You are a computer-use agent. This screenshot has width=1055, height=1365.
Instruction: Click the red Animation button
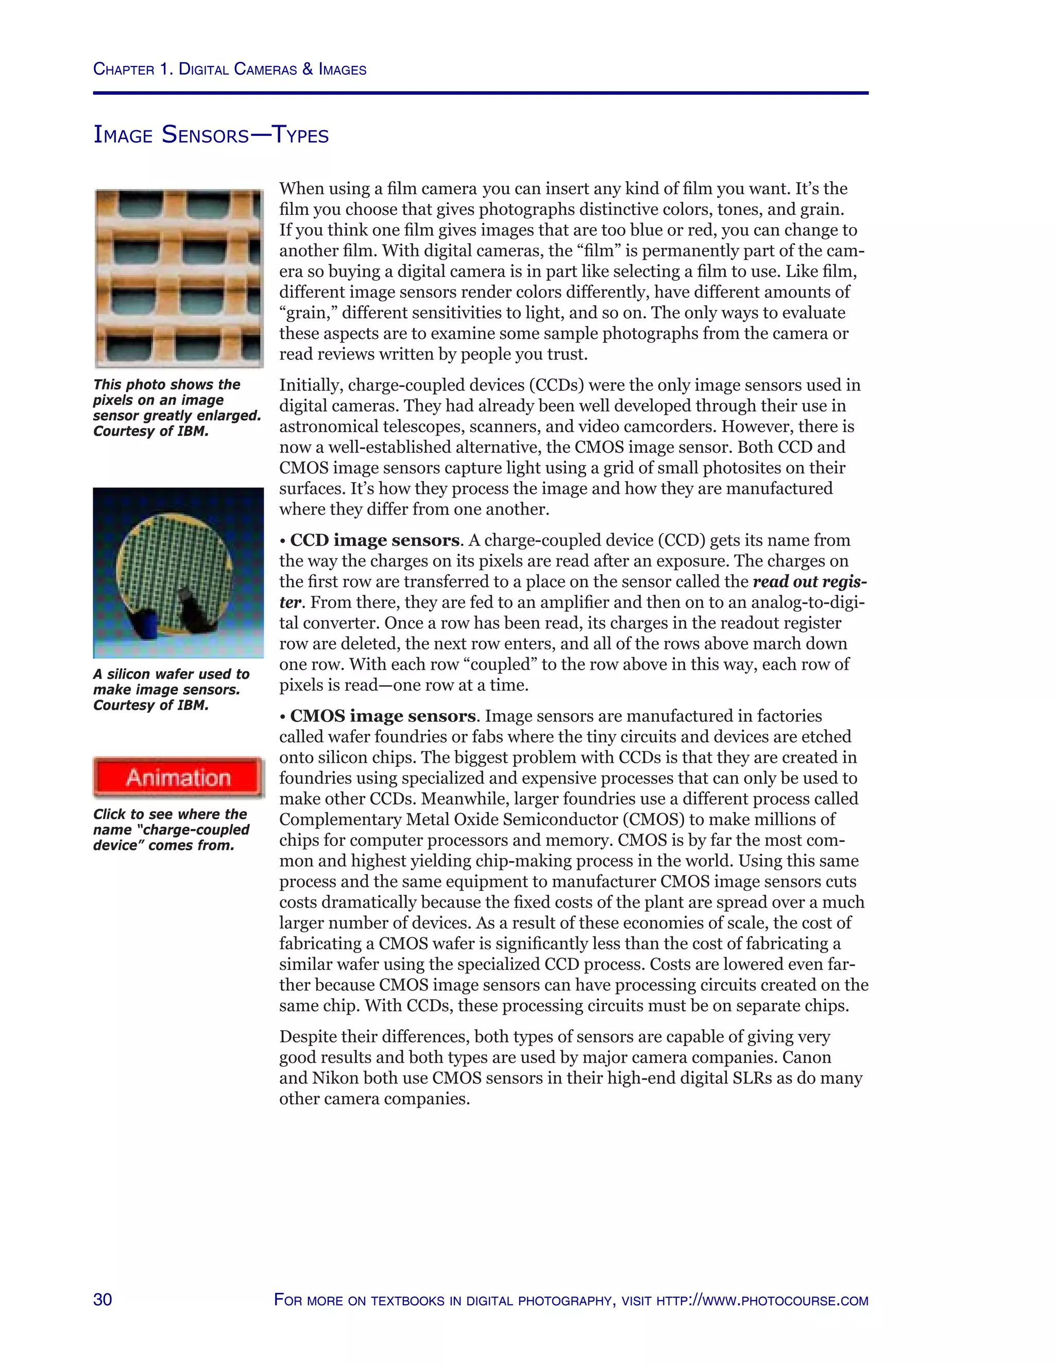[179, 777]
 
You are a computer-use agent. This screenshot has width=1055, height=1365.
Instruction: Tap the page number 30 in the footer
[103, 1300]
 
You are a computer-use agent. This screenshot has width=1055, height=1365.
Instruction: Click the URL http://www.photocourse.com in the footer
[762, 1301]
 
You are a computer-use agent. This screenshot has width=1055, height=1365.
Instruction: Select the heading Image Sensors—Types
[211, 135]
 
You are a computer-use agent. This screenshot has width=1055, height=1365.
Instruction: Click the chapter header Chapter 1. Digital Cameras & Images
[229, 70]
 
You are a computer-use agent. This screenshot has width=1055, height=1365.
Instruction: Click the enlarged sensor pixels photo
[179, 279]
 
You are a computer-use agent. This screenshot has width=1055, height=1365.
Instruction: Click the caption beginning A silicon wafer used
[171, 689]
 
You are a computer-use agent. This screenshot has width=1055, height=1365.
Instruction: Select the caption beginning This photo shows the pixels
[177, 407]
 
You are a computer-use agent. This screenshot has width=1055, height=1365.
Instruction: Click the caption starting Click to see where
[171, 829]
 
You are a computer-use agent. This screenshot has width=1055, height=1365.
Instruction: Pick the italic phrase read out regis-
[809, 581]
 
